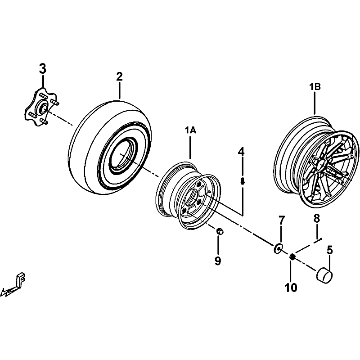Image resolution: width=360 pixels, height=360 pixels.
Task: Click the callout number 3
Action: (x=42, y=69)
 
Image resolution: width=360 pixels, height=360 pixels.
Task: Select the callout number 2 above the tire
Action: (x=119, y=76)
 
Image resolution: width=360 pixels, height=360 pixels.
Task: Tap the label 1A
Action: (x=190, y=130)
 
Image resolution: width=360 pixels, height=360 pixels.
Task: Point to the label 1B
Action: (x=315, y=87)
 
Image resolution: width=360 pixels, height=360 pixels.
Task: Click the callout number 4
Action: (x=241, y=152)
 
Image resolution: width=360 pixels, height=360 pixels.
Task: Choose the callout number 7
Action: (x=282, y=220)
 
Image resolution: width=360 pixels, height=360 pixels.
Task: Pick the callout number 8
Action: (x=317, y=219)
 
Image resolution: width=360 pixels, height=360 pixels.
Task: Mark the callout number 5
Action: (x=330, y=250)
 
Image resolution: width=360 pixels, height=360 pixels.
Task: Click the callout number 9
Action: (x=218, y=261)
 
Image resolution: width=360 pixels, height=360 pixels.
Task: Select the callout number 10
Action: (x=291, y=288)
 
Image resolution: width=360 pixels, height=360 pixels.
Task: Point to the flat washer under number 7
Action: (x=278, y=248)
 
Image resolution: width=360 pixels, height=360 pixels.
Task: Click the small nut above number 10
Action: (x=292, y=256)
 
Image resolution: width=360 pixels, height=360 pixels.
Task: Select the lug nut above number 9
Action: (x=220, y=231)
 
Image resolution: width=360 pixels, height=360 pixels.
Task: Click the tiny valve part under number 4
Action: (x=242, y=181)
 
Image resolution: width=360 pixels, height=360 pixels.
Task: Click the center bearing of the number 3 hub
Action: (x=43, y=107)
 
